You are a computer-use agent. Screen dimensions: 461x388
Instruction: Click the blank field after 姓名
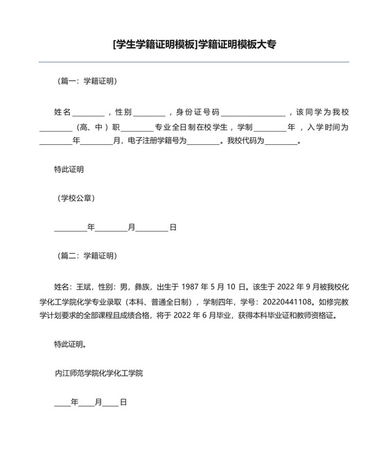click(x=88, y=114)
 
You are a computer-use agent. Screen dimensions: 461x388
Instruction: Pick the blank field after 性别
click(x=149, y=114)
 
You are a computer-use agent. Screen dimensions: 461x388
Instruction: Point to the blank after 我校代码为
click(x=281, y=142)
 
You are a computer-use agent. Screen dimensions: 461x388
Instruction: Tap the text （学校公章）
click(x=76, y=198)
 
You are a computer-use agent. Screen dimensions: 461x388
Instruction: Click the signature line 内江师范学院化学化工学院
click(x=98, y=373)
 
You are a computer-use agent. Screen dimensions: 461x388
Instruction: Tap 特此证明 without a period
click(x=69, y=169)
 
